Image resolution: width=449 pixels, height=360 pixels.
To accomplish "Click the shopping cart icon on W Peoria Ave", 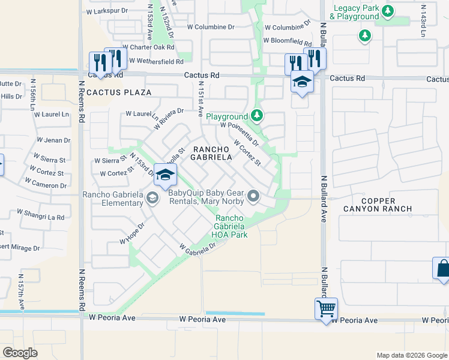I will click(x=326, y=309).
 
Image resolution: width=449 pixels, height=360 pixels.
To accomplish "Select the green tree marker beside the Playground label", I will click(x=257, y=115).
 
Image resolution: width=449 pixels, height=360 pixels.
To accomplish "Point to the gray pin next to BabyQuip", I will click(x=254, y=195).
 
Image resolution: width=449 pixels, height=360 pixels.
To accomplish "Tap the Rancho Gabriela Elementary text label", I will click(x=114, y=199).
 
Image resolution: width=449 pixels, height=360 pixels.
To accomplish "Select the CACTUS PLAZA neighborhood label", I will click(x=118, y=92).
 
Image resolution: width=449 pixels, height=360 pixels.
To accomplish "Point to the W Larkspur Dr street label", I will click(x=109, y=11).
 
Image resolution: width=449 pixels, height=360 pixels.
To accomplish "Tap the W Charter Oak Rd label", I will click(x=148, y=46).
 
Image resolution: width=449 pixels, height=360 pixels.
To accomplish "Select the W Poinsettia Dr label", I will click(x=239, y=134).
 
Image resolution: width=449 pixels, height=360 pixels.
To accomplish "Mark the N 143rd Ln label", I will click(x=423, y=22).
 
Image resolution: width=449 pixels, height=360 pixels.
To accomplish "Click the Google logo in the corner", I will click(x=20, y=353).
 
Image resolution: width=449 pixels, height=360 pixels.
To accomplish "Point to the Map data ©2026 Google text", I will click(x=411, y=355).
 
